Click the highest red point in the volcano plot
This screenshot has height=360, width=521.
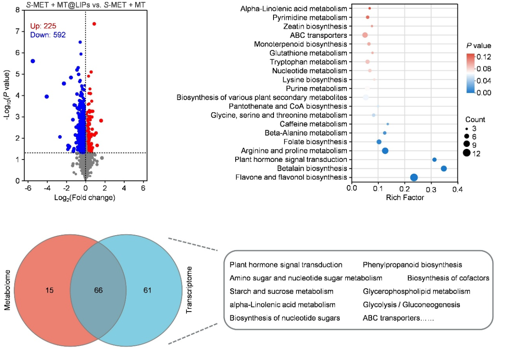pyautogui.click(x=94, y=24)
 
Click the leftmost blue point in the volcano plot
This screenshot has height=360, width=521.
pyautogui.click(x=33, y=61)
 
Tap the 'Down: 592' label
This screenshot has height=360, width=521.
pyautogui.click(x=48, y=35)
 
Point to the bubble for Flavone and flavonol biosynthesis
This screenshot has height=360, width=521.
pyautogui.click(x=414, y=177)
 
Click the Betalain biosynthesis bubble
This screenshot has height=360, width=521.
pyautogui.click(x=444, y=168)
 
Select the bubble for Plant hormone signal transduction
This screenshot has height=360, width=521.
pyautogui.click(x=434, y=160)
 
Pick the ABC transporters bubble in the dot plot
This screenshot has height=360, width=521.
pyautogui.click(x=365, y=35)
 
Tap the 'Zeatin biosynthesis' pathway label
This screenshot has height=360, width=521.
pyautogui.click(x=315, y=26)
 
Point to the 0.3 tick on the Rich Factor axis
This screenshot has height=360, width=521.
pyautogui.click(x=431, y=189)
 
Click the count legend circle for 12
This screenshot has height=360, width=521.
pyautogui.click(x=466, y=153)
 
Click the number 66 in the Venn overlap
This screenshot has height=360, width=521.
pyautogui.click(x=98, y=290)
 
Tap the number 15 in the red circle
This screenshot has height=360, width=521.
pyautogui.click(x=49, y=290)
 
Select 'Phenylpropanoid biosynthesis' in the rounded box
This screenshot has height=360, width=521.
pyautogui.click(x=412, y=265)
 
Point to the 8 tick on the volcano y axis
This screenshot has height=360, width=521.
pyautogui.click(x=18, y=10)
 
